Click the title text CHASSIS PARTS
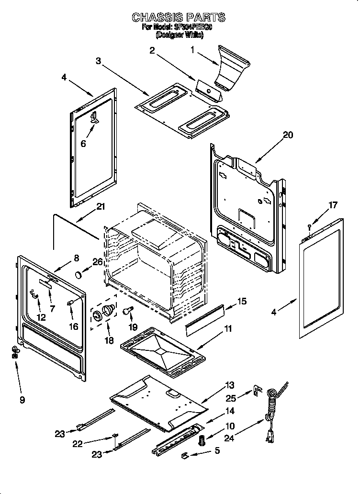[x=178, y=18]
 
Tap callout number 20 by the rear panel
[x=288, y=135]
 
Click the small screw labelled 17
[x=310, y=225]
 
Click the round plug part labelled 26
[x=78, y=274]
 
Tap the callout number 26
[x=97, y=262]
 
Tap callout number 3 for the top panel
[x=98, y=61]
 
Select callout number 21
[x=101, y=207]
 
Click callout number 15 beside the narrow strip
[x=242, y=301]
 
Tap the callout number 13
[x=230, y=385]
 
